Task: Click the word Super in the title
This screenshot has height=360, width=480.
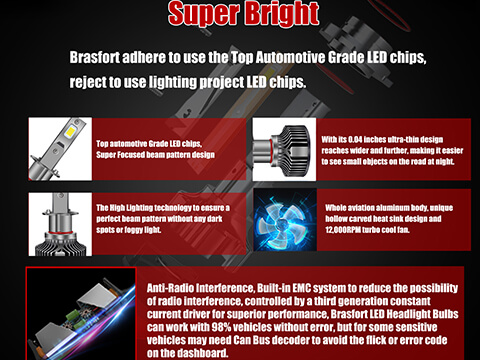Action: (201, 15)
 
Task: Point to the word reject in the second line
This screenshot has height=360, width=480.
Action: (91, 81)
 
